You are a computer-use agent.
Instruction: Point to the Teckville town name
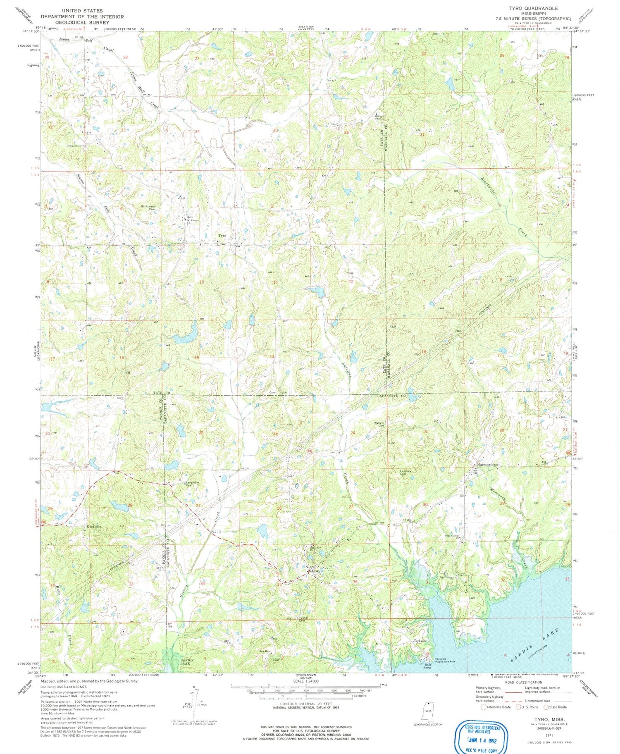420,641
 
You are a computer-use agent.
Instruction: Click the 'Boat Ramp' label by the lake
427,666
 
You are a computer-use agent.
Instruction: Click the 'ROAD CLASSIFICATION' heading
524,682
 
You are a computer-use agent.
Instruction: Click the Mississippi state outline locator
429,711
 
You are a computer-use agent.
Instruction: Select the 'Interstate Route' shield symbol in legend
484,707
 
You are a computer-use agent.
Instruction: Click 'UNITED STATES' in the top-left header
82,11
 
